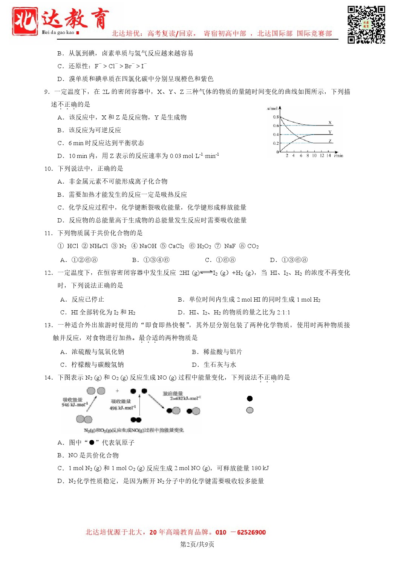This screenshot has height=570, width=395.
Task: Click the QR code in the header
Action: tap(366, 25)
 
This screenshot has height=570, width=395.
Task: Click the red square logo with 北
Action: tap(25, 21)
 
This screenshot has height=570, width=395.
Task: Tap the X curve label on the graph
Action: tap(330, 123)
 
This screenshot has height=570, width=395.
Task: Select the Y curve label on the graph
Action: tap(330, 132)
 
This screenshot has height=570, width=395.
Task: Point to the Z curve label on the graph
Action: tap(330, 141)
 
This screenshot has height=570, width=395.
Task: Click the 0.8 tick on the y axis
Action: tap(276, 117)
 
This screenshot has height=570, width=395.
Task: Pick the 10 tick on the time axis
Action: tap(314, 155)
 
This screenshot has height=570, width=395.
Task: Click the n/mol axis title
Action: tap(272, 109)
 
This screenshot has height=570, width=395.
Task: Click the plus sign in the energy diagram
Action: tap(117, 391)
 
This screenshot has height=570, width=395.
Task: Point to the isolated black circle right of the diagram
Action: tap(250, 398)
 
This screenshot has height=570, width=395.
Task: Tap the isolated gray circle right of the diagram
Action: tap(250, 410)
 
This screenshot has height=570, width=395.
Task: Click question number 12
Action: tap(48, 273)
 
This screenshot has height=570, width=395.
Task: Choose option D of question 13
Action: tap(214, 365)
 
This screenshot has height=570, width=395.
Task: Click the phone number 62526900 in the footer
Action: tap(251, 532)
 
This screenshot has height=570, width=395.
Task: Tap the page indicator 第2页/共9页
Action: tap(197, 544)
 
